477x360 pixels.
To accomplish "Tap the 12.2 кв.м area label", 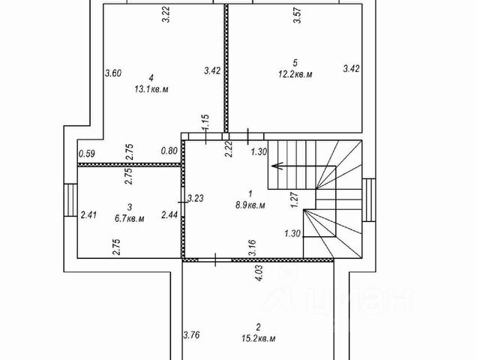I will [x=295, y=75].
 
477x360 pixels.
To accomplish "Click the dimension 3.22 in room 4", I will [x=166, y=15].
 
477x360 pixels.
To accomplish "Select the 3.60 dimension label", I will [x=112, y=73].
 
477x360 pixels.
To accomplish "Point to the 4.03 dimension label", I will [x=259, y=272].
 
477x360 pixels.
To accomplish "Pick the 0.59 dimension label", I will [x=87, y=155].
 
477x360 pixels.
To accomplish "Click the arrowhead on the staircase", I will [x=275, y=164].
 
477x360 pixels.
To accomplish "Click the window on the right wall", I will [x=368, y=201].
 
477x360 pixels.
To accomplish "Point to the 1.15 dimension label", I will [x=204, y=122].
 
